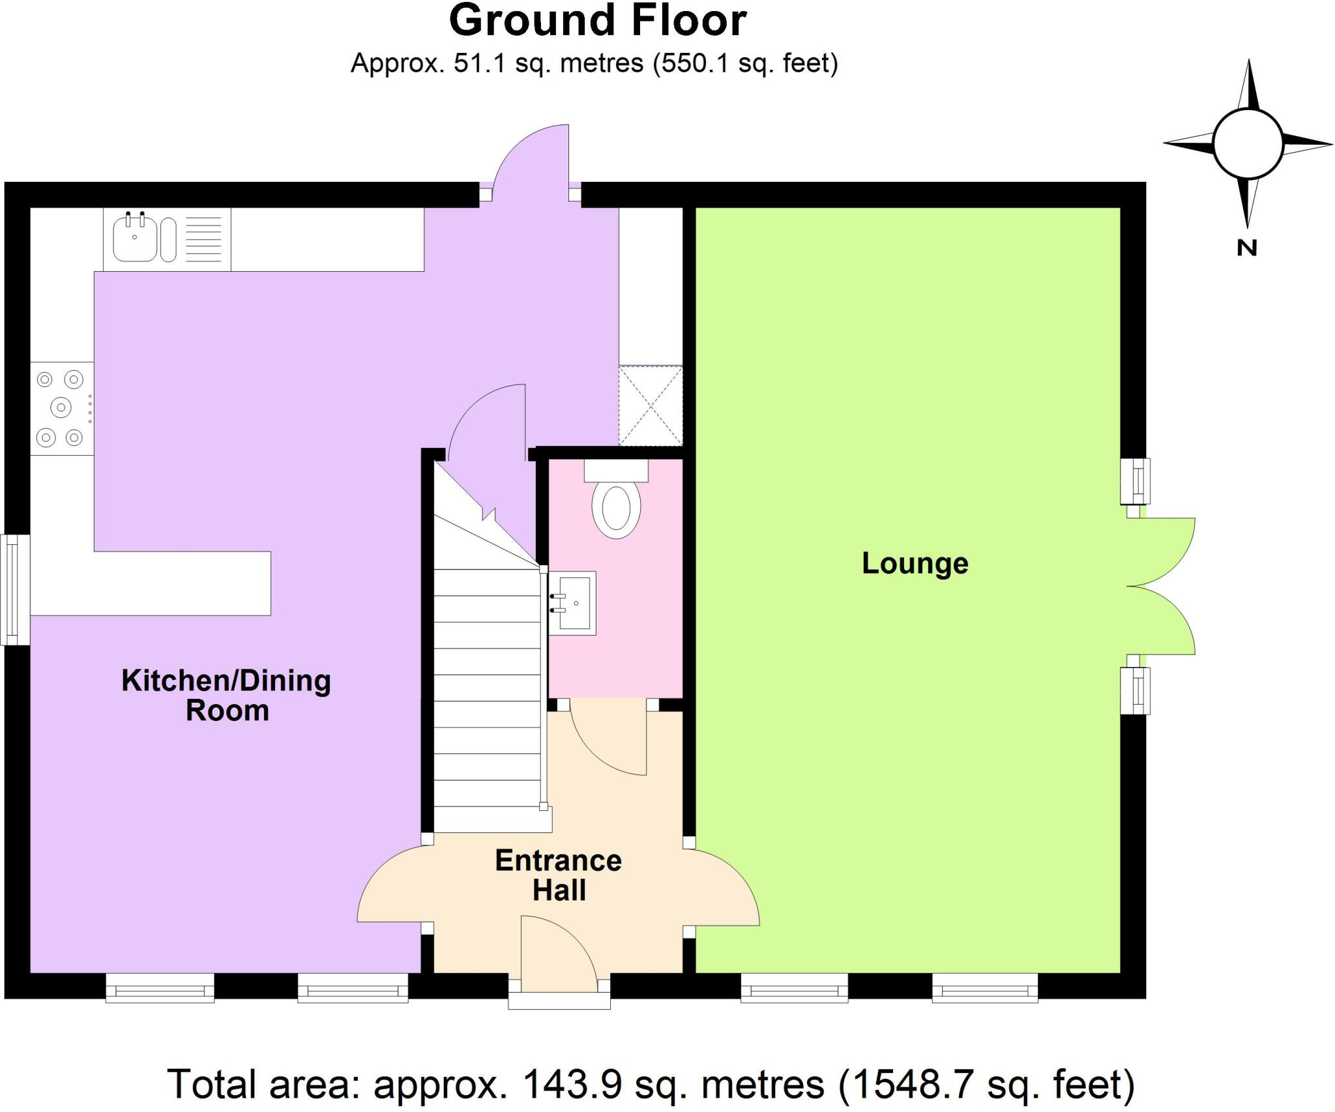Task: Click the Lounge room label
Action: click(x=915, y=564)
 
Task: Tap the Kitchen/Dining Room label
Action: click(x=226, y=695)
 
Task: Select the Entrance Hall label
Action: click(x=559, y=875)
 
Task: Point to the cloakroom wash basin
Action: click(x=574, y=603)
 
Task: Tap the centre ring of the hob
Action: click(x=61, y=408)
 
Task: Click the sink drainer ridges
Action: click(x=205, y=239)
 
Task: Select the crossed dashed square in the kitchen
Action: click(x=651, y=406)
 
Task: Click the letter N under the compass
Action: click(x=1246, y=248)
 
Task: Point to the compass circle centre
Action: click(x=1248, y=144)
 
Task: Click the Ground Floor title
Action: click(x=598, y=21)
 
